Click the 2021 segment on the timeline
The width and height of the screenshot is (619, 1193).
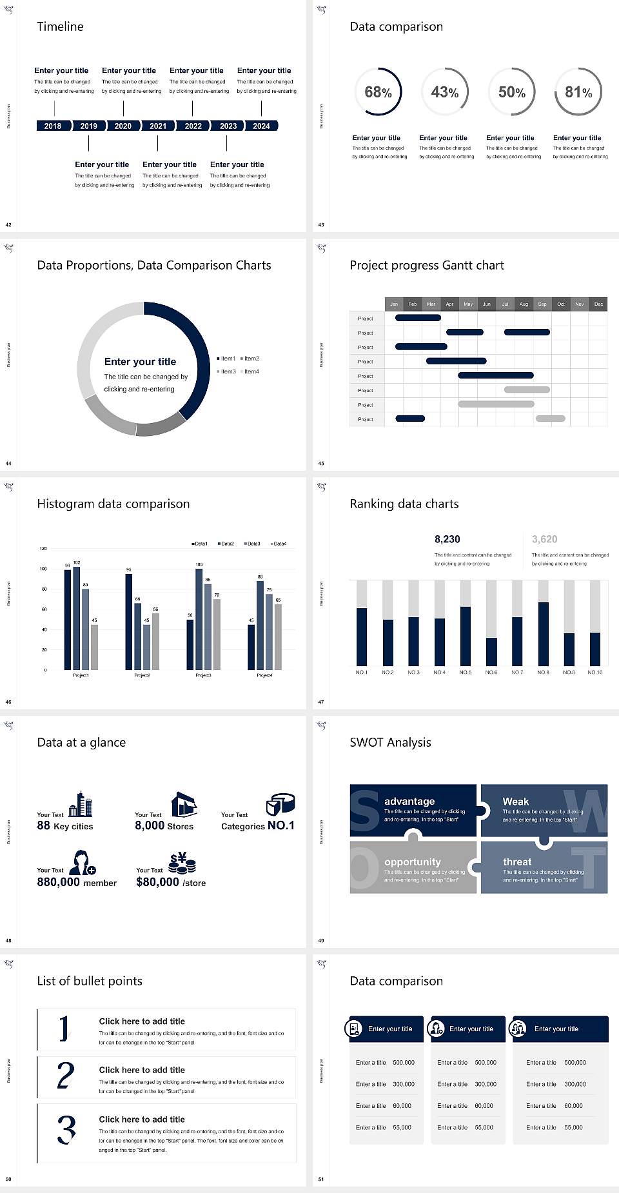(158, 126)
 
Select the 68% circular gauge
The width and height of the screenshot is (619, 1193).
(378, 92)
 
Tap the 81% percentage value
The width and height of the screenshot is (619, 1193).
(578, 92)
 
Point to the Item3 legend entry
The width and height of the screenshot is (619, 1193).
(227, 371)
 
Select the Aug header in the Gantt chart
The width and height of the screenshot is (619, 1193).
(524, 304)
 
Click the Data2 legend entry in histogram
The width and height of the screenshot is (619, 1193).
(226, 544)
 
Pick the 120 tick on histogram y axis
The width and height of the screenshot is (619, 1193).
(43, 549)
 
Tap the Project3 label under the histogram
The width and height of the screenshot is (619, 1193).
(203, 675)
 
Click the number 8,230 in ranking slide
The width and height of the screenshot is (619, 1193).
(447, 539)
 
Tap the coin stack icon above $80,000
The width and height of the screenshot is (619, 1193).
(182, 863)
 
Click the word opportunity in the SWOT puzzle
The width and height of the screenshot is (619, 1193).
(413, 862)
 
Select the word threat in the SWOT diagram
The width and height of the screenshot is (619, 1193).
(517, 862)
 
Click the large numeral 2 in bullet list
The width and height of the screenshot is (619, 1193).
(66, 1076)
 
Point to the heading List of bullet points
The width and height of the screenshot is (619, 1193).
(90, 981)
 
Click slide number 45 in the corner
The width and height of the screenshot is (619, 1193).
(321, 464)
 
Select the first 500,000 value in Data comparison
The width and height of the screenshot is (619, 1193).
(404, 1062)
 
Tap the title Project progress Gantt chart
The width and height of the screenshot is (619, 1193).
(427, 265)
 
